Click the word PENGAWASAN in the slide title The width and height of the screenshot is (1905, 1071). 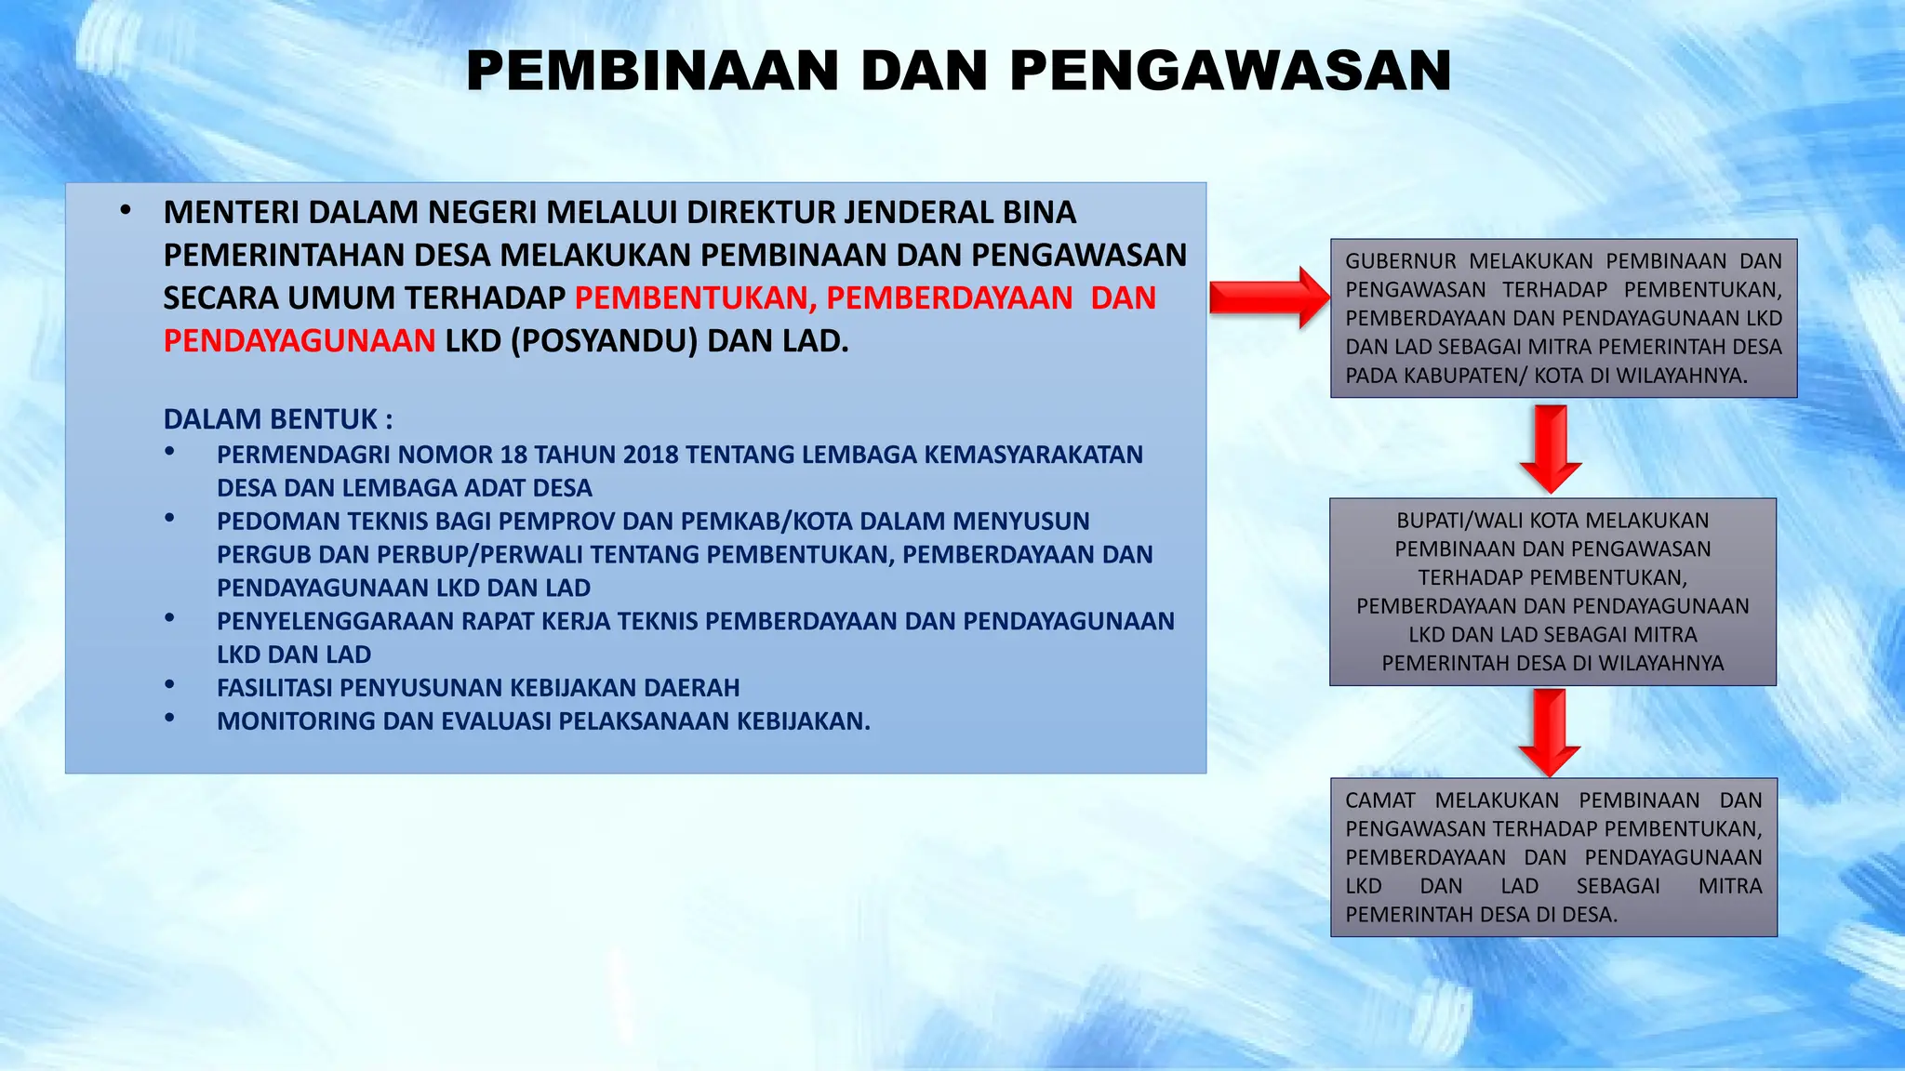click(1231, 72)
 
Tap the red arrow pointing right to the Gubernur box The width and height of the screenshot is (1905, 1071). click(1270, 298)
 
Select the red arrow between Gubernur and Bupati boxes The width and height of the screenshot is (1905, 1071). click(1551, 448)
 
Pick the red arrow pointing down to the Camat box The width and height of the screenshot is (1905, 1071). click(1550, 732)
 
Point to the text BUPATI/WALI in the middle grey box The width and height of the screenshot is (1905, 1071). click(1459, 521)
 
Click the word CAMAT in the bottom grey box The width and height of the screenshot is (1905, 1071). click(1380, 800)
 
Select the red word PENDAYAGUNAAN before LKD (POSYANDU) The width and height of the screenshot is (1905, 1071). click(300, 341)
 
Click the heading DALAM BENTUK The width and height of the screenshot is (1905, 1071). click(277, 419)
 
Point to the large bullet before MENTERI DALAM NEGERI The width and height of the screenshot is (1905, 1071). click(126, 210)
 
